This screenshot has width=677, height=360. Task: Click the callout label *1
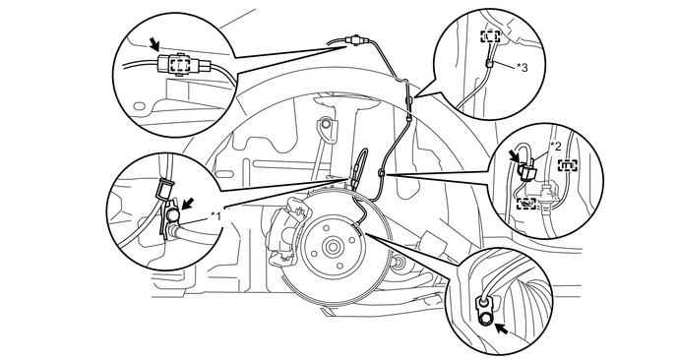tap(215, 215)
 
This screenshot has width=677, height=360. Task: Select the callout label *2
tap(556, 147)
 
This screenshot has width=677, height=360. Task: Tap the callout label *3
tap(523, 67)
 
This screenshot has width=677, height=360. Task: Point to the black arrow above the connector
tap(154, 42)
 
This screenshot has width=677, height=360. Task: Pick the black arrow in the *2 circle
tap(515, 155)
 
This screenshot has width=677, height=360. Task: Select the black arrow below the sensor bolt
tap(501, 329)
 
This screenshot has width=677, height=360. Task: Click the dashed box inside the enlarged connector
tap(180, 66)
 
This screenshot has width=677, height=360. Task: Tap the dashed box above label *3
tap(491, 36)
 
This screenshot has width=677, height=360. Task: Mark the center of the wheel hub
tap(333, 247)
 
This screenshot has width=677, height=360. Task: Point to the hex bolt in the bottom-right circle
tap(486, 318)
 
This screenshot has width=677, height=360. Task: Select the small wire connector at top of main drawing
tap(355, 40)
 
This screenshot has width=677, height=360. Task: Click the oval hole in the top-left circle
tap(139, 106)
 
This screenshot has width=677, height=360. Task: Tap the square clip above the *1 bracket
tap(163, 189)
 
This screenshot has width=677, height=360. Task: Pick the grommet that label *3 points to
tap(488, 64)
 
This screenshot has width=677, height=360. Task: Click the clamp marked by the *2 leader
tap(527, 172)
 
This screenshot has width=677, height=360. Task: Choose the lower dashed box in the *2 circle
tap(526, 202)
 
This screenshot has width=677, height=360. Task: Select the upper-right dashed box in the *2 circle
tap(568, 166)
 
